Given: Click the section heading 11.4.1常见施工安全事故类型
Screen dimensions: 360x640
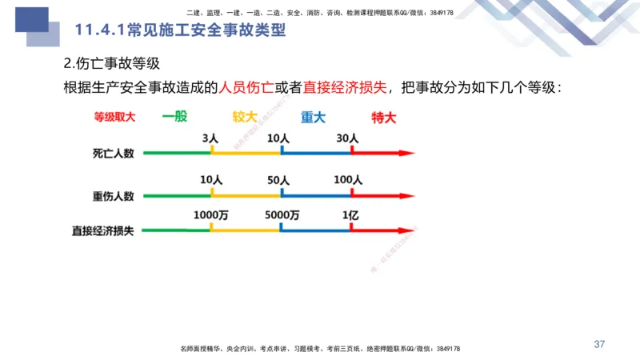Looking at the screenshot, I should pyautogui.click(x=180, y=31).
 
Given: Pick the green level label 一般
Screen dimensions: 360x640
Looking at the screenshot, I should pyautogui.click(x=174, y=117).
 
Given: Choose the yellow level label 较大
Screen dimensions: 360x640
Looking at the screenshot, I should pyautogui.click(x=245, y=117).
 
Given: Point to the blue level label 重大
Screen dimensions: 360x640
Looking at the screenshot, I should pyautogui.click(x=313, y=117).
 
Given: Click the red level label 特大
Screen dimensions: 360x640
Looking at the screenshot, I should pyautogui.click(x=383, y=117).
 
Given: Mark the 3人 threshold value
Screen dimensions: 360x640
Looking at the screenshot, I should pyautogui.click(x=210, y=138).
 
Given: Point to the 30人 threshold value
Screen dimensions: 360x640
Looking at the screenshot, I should pyautogui.click(x=347, y=138).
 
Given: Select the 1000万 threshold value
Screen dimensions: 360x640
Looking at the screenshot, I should pyautogui.click(x=210, y=216).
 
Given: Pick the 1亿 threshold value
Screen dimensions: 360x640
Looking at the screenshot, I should pyautogui.click(x=350, y=216).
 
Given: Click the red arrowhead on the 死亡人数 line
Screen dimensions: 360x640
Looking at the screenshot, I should pyautogui.click(x=409, y=152).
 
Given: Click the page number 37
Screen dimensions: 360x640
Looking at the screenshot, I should pyautogui.click(x=599, y=344).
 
